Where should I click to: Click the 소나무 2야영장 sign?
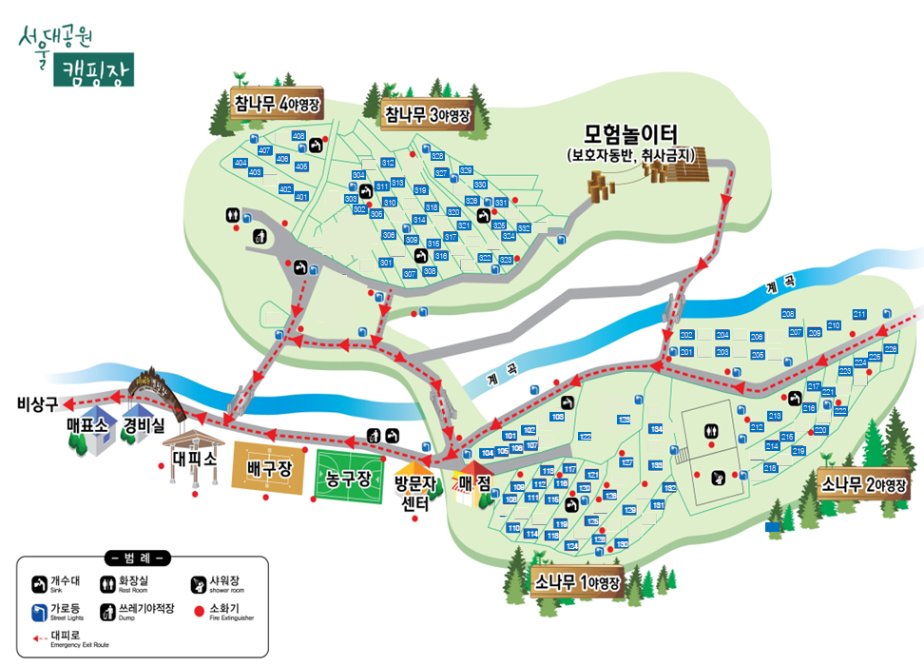pyautogui.click(x=863, y=484)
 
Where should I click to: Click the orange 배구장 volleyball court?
pyautogui.click(x=268, y=470)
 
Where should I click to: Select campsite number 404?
pyautogui.click(x=241, y=163)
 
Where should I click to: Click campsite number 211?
pyautogui.click(x=859, y=314)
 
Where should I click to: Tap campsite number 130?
pyautogui.click(x=622, y=543)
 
